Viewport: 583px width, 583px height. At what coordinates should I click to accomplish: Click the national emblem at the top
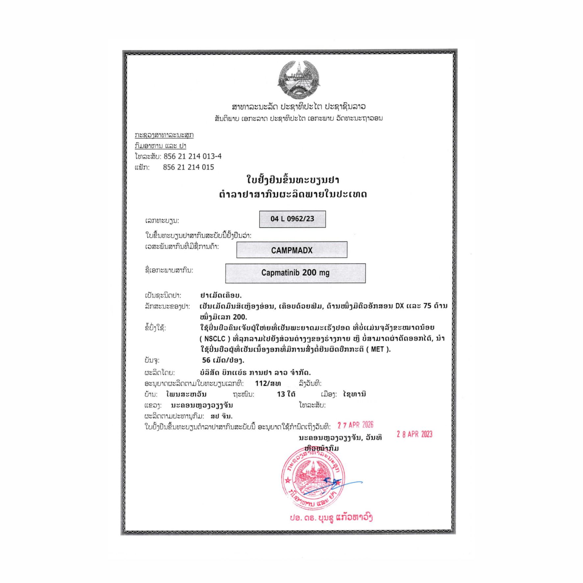(298, 80)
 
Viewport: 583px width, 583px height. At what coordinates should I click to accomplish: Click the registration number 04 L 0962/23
(292, 219)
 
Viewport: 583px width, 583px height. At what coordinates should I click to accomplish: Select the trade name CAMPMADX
(291, 250)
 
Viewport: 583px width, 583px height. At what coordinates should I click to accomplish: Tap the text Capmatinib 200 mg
(295, 272)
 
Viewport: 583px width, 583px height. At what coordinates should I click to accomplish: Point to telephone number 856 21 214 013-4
(192, 156)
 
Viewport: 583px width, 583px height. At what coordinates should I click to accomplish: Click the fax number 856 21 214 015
(188, 167)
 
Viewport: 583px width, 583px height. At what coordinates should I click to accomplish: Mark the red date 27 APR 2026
(355, 425)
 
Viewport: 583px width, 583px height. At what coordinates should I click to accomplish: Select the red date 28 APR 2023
(414, 434)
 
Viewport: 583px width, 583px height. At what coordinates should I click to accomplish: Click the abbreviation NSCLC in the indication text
(215, 339)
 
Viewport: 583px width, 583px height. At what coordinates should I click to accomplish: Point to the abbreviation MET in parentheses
(377, 349)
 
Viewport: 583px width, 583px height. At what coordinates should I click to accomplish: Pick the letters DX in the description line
(399, 306)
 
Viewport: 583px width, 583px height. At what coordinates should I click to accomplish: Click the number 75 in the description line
(427, 306)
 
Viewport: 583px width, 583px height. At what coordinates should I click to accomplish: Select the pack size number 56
(206, 360)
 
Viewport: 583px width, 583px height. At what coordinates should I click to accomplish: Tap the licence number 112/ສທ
(268, 383)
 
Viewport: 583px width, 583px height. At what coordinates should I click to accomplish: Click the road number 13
(281, 394)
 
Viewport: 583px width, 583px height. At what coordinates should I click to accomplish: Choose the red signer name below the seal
(331, 518)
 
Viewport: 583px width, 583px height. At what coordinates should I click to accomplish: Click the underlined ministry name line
(164, 135)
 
